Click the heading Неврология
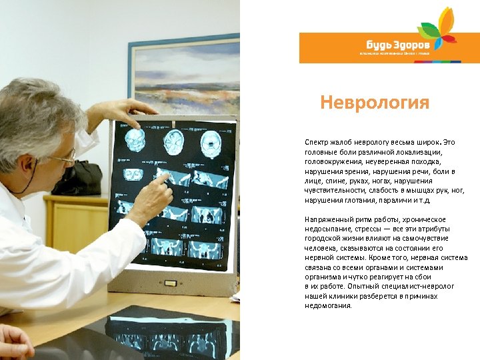click(374, 103)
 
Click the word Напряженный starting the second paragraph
click(328, 219)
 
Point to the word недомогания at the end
click(328, 306)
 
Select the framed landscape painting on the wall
click(183, 73)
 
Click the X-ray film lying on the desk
click(167, 333)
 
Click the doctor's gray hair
click(33, 113)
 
